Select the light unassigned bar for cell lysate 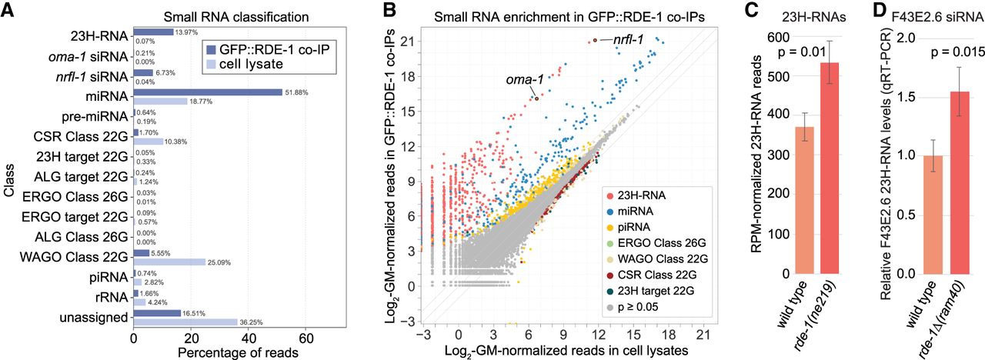(185, 321)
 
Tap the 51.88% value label (296, 93)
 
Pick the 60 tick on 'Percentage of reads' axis (306, 338)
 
